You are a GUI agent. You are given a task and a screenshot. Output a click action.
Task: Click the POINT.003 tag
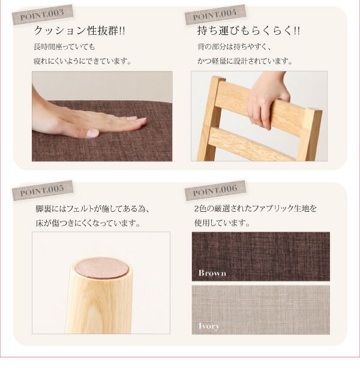pos(43,15)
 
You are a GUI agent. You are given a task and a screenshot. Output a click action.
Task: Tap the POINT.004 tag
pos(215,15)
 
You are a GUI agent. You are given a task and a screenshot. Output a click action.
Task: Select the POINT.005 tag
pos(43,191)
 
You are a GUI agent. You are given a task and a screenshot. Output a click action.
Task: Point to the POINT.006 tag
pos(215,191)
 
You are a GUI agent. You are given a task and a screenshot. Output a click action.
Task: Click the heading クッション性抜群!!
pos(79,31)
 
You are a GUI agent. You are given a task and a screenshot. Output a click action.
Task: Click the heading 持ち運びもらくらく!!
pos(248,31)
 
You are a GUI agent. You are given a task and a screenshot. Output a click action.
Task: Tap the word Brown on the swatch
pos(212,273)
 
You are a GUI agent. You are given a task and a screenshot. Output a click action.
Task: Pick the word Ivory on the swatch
pos(209,326)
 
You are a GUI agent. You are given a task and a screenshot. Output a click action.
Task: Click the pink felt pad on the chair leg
pos(101,268)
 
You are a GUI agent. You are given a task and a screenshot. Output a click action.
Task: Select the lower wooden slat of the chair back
pos(252,146)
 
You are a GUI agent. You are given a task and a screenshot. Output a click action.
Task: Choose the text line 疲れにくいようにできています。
pos(83,61)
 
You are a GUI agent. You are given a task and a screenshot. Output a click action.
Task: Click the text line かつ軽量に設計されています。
pos(245,61)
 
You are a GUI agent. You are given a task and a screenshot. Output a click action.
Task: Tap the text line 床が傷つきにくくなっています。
pos(88,224)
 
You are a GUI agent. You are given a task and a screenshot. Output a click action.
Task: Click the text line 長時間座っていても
pos(65,47)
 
